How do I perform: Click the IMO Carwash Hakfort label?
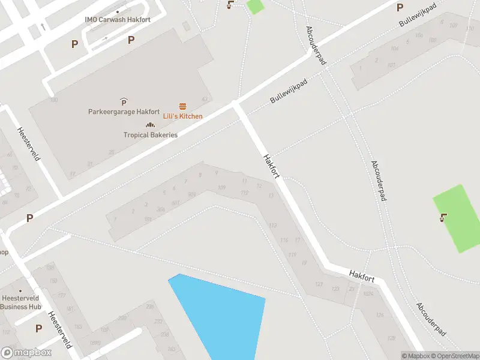pyautogui.click(x=118, y=20)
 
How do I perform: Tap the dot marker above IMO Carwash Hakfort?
pyautogui.click(x=118, y=11)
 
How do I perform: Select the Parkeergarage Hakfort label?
pyautogui.click(x=124, y=112)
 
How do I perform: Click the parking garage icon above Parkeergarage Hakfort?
pyautogui.click(x=124, y=101)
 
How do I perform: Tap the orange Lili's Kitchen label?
pyautogui.click(x=183, y=116)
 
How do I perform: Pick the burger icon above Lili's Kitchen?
pyautogui.click(x=183, y=106)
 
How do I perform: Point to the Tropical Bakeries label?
pyautogui.click(x=151, y=135)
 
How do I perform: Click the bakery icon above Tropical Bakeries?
pyautogui.click(x=150, y=125)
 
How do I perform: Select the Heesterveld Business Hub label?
pyautogui.click(x=20, y=302)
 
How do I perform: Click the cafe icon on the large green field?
pyautogui.click(x=443, y=218)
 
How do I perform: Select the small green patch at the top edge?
pyautogui.click(x=255, y=6)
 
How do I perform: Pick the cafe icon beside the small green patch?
pyautogui.click(x=230, y=5)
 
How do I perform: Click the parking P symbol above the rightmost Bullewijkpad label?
pyautogui.click(x=400, y=8)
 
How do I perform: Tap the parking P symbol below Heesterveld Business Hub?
pyautogui.click(x=38, y=328)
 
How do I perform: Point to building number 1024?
pyautogui.click(x=368, y=293)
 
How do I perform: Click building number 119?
pyautogui.click(x=292, y=255)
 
